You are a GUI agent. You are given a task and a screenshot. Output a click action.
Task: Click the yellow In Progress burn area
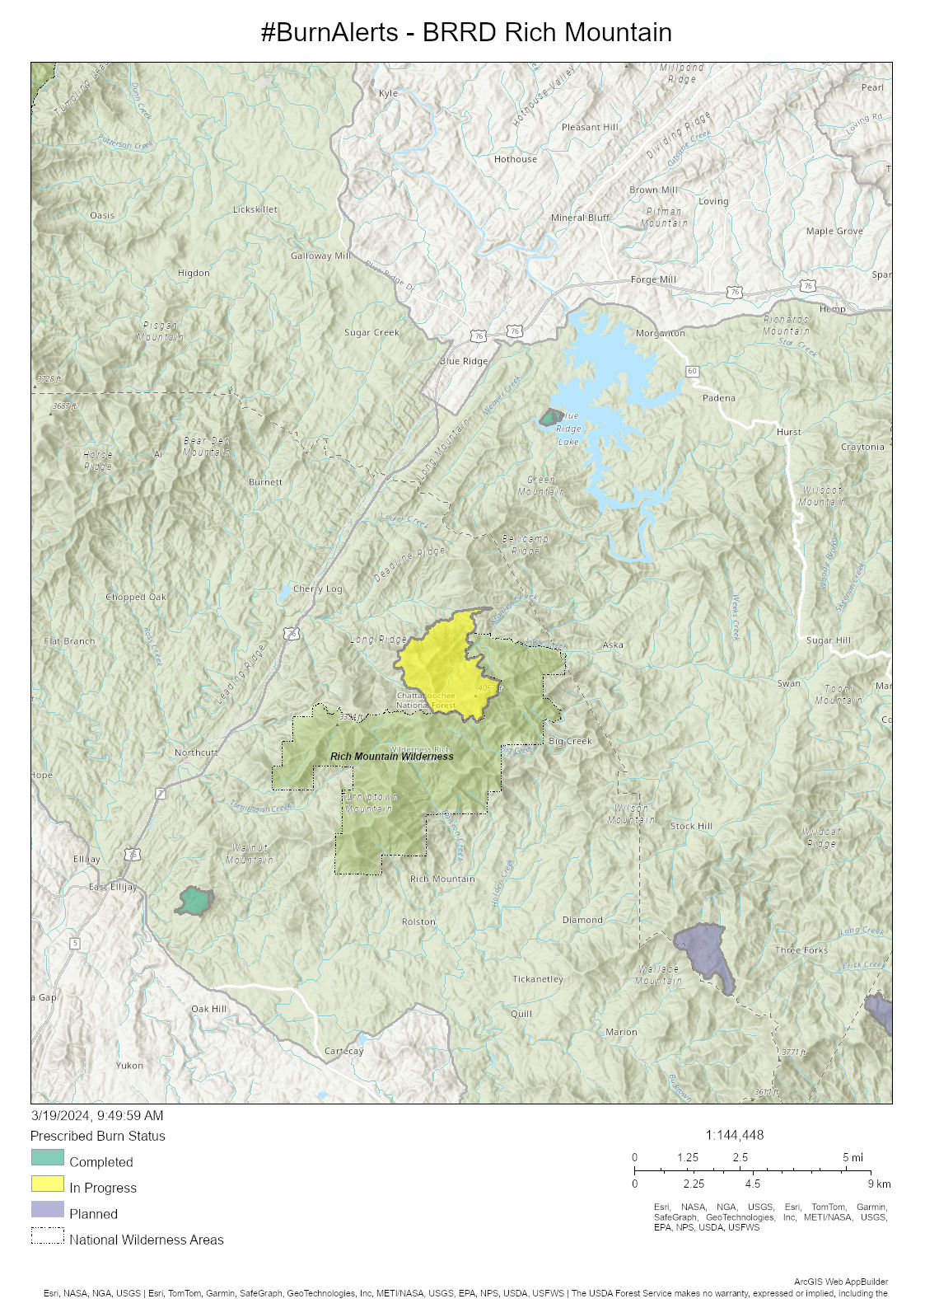[441, 663]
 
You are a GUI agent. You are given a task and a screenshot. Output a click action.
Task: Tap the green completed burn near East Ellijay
[195, 901]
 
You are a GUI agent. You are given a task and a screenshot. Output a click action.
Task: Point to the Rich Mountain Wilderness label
[391, 756]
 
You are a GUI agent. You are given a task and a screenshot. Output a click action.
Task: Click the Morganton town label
[660, 333]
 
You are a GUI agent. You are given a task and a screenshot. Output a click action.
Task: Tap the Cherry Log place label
[317, 588]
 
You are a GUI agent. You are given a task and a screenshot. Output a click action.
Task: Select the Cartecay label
[343, 1051]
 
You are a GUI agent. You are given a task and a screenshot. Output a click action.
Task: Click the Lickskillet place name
[255, 209]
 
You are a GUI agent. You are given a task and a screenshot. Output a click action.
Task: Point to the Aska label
[613, 645]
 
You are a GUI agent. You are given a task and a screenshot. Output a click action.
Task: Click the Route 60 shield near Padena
[692, 371]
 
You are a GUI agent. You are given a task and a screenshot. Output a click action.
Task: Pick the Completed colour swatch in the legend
[47, 1157]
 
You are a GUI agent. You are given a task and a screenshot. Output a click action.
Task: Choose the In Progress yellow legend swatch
[47, 1184]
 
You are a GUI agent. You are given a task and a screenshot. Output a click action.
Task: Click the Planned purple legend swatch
[47, 1209]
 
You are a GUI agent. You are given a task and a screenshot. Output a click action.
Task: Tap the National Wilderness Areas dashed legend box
[47, 1235]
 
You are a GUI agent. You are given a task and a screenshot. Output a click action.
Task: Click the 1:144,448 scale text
[734, 1135]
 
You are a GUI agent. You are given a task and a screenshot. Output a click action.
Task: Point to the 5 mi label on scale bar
[853, 1157]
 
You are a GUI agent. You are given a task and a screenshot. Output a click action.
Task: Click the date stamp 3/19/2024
[97, 1115]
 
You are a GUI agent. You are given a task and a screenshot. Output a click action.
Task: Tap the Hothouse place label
[515, 159]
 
